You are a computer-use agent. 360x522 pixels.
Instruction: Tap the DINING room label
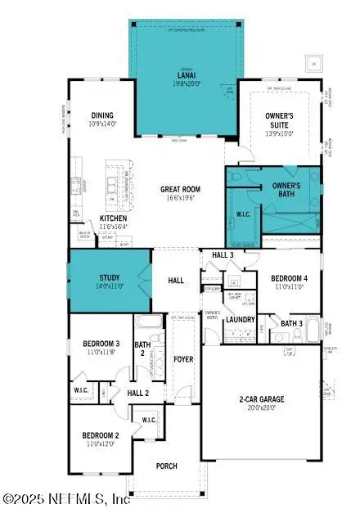tap(102, 115)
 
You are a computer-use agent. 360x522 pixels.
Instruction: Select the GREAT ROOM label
tap(180, 189)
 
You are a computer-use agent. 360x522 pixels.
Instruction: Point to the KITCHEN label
tap(114, 218)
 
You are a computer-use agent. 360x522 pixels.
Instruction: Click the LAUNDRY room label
tap(241, 320)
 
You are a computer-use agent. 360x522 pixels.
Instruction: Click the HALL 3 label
tap(223, 256)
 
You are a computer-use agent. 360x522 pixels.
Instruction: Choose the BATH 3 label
tap(291, 324)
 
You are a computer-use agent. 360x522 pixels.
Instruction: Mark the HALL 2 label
tap(137, 393)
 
